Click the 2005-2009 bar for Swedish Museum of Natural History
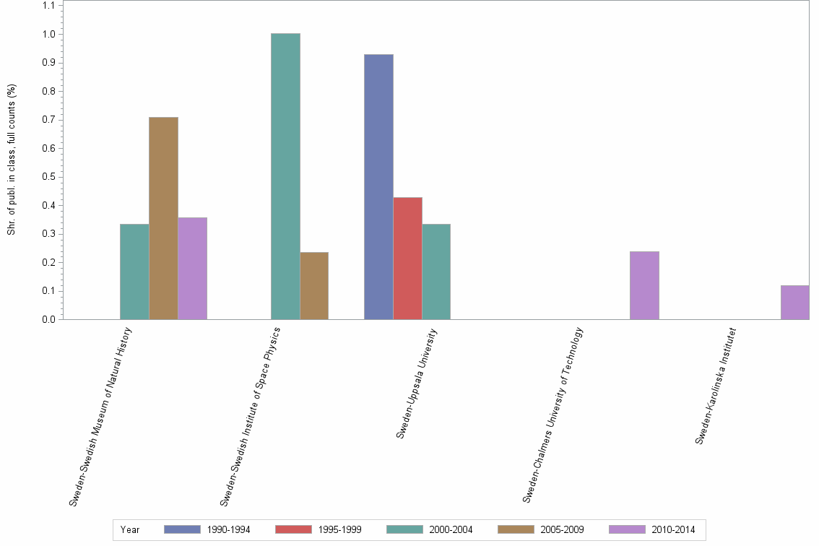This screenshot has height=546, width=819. pos(163,218)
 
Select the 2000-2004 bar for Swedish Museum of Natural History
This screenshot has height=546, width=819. pos(134,272)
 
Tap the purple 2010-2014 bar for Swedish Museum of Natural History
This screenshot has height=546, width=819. pos(192,268)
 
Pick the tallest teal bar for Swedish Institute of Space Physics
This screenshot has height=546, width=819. pos(285,176)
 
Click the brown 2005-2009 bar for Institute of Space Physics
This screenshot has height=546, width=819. pos(314,285)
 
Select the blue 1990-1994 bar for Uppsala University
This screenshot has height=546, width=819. pos(378,186)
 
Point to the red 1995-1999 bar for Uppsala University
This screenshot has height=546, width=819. pos(407,258)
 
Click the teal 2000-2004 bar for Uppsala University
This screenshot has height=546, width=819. pos(436,272)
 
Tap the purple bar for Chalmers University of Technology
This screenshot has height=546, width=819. pos(644,285)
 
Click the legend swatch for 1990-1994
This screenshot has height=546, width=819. pos(182,529)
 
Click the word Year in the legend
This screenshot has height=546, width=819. pos(131,529)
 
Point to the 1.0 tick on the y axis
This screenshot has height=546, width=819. pos(50,34)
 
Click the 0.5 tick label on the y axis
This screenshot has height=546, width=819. pos(50,177)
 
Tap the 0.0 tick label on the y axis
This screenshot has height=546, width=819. pos(50,319)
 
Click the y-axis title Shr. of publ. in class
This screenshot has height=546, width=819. pos(12,160)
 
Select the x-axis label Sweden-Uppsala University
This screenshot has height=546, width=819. pos(417,383)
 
